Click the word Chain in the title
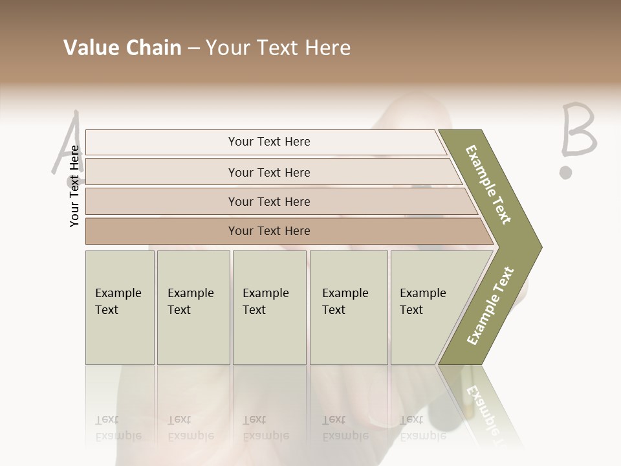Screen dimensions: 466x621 [152, 48]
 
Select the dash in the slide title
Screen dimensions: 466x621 [193, 49]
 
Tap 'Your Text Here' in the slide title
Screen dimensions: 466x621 [278, 48]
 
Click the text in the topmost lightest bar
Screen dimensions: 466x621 [269, 142]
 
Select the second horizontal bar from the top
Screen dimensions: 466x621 [269, 172]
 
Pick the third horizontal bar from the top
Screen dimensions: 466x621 [269, 201]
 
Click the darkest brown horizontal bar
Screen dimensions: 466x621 [269, 231]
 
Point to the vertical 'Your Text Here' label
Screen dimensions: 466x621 [74, 186]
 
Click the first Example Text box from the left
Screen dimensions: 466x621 [120, 307]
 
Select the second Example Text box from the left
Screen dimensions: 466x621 [193, 307]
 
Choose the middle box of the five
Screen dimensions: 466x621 [269, 307]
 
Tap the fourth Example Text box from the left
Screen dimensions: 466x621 [349, 307]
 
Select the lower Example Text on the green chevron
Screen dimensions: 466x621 [490, 305]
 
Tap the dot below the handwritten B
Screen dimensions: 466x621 [566, 172]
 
